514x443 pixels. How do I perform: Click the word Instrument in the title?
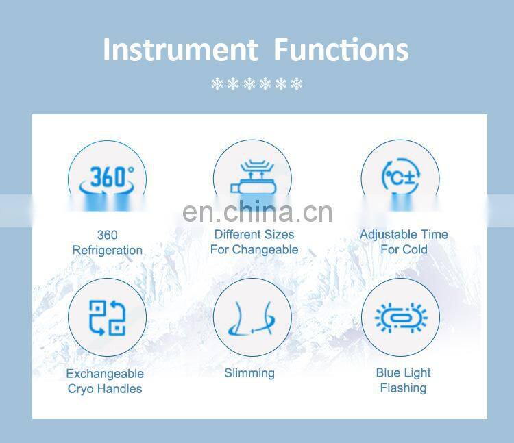[179, 50]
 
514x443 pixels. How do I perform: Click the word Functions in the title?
[341, 50]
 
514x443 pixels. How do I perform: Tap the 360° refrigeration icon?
[108, 179]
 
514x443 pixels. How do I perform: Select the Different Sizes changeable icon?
[254, 179]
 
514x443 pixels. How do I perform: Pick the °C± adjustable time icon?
[400, 179]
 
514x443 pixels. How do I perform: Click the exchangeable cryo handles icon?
[108, 318]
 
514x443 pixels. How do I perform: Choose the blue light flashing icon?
[400, 318]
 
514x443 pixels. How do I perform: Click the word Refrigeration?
[108, 250]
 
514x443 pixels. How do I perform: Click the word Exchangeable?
[105, 374]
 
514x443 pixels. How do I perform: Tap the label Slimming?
[249, 373]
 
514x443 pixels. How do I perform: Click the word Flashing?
[403, 388]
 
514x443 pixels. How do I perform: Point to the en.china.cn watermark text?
[258, 212]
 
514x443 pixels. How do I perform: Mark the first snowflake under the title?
[217, 85]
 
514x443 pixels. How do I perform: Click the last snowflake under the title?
[296, 85]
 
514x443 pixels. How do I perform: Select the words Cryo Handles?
[105, 389]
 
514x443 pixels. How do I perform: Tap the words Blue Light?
[403, 373]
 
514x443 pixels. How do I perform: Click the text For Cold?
[404, 249]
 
